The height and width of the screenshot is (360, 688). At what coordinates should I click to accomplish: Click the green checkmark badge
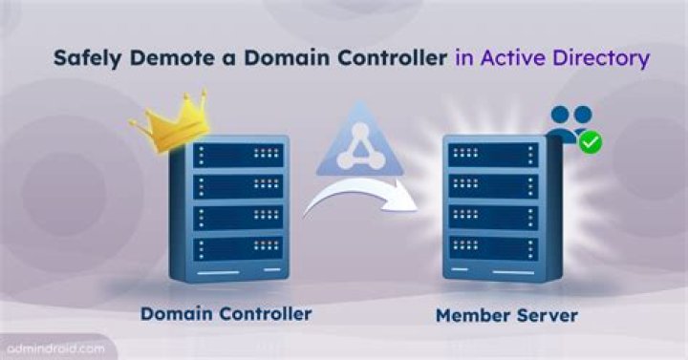591,142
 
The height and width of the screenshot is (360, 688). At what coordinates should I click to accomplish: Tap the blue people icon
570,123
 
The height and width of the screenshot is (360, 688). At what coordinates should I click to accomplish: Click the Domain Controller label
226,313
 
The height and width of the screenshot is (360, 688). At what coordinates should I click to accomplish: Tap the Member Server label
506,316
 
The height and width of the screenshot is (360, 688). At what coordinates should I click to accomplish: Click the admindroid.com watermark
55,349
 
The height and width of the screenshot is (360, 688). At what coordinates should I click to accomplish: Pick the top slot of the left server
238,156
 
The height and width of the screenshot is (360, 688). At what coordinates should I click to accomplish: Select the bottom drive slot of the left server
238,249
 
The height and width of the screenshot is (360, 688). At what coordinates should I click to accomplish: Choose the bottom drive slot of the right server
493,247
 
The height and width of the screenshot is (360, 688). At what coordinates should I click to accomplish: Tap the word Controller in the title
390,57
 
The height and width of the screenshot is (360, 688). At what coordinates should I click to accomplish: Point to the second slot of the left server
238,187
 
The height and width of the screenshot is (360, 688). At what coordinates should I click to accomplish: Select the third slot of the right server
493,217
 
